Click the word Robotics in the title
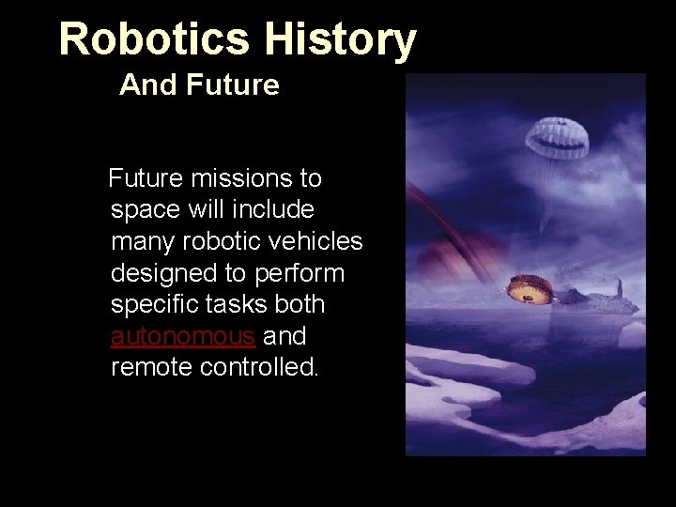154,39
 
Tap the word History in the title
339,39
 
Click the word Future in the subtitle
233,85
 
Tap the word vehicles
315,241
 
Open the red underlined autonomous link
183,336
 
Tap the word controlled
260,367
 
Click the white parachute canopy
561,140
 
